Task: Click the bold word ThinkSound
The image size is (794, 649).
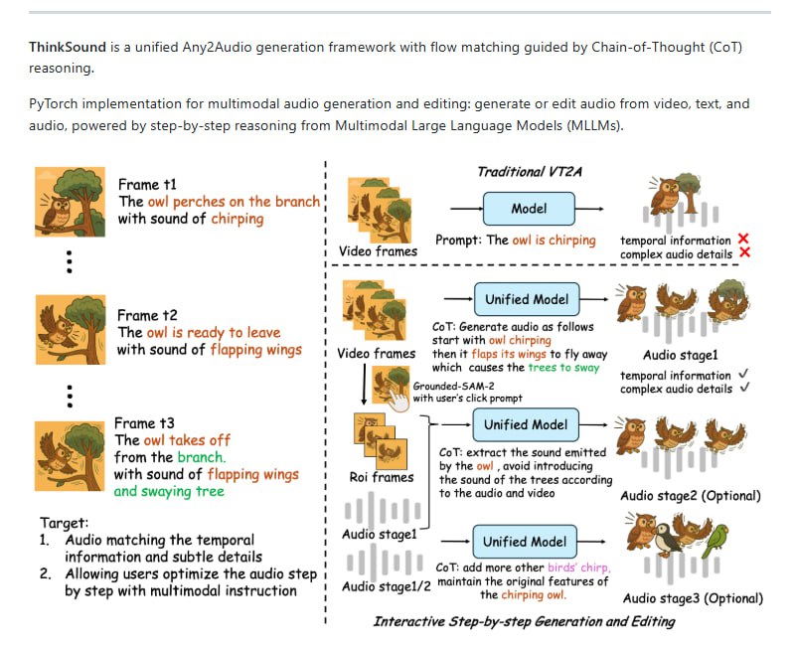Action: [x=69, y=47]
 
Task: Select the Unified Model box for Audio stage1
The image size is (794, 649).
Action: [x=527, y=299]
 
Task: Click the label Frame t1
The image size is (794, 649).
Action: [x=147, y=185]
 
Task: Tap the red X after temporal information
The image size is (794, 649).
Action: [x=743, y=240]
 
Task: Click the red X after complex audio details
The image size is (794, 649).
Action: [x=743, y=254]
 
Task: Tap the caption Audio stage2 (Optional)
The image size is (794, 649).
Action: [x=690, y=496]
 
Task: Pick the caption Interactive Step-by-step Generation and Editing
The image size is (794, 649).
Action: [x=524, y=622]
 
